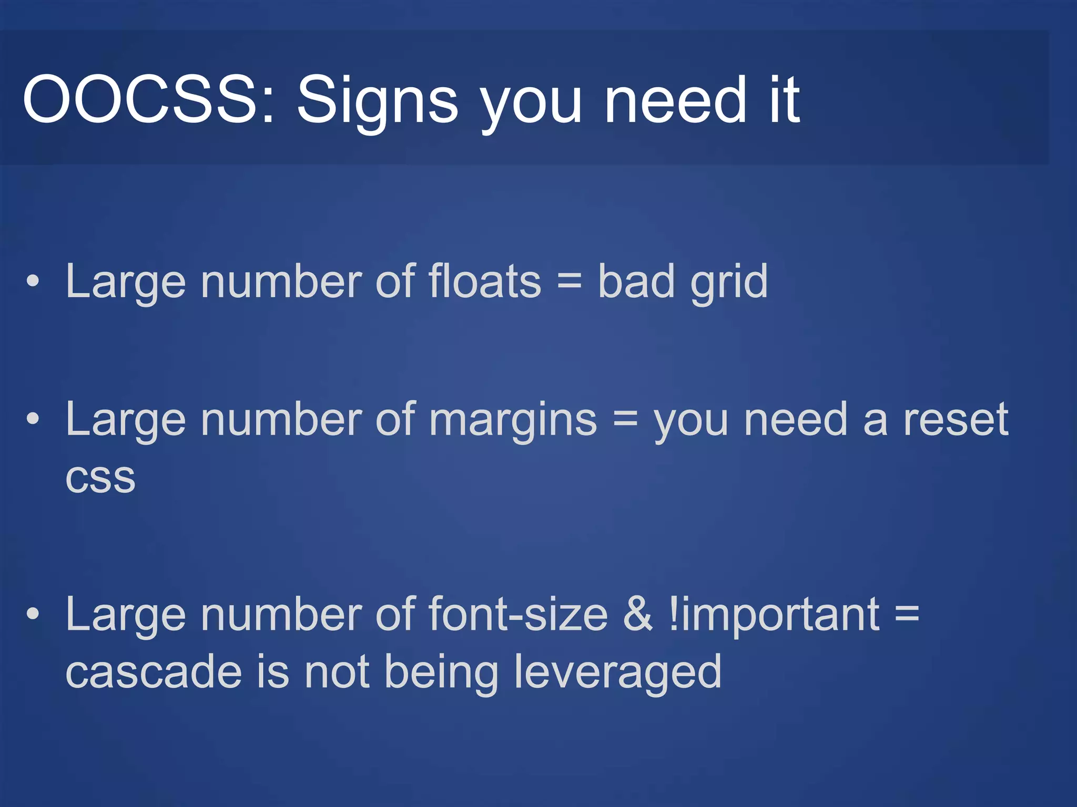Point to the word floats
click(484, 282)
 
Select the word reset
click(956, 420)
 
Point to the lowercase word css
click(100, 479)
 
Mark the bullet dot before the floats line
click(33, 282)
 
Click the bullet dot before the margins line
click(33, 419)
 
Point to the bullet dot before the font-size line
click(33, 614)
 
